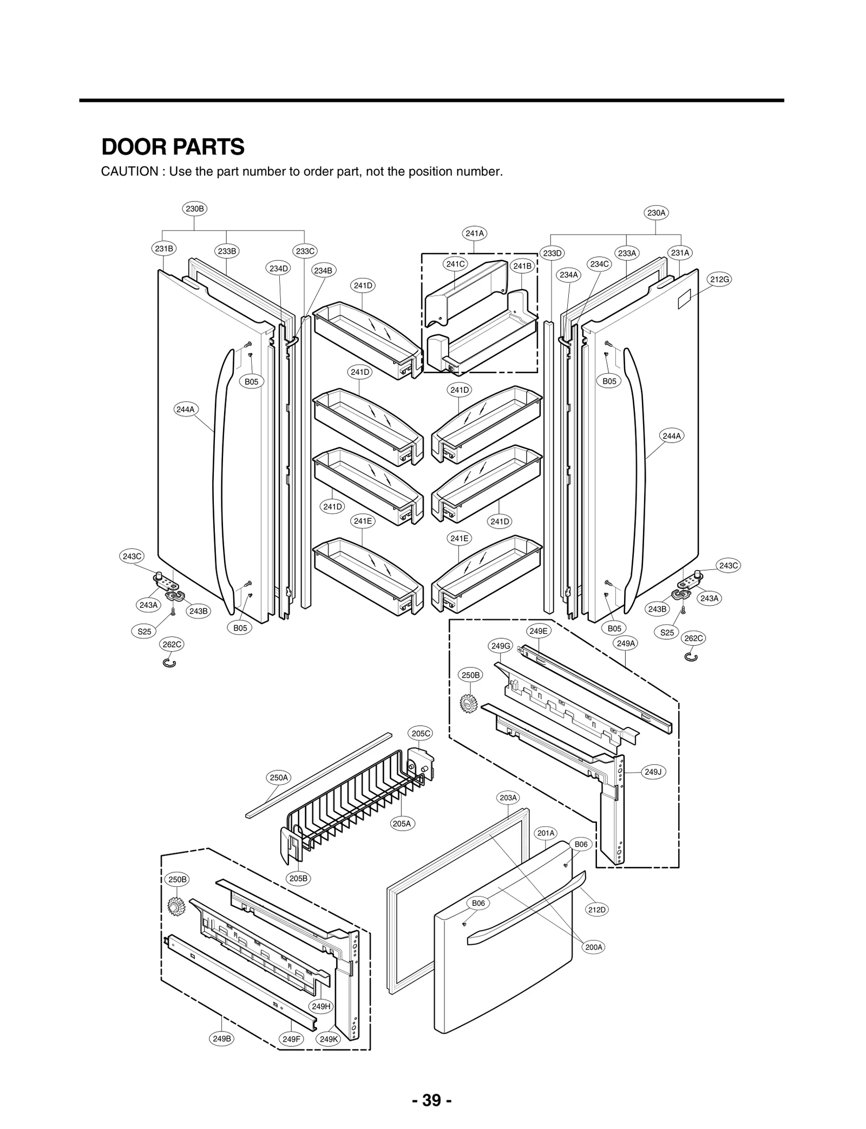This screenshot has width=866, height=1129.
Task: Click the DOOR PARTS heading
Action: [x=173, y=147]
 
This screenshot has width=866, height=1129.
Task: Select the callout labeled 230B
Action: [x=195, y=209]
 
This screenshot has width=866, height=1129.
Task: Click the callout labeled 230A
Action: [x=656, y=213]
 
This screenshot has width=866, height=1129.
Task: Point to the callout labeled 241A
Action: [x=475, y=233]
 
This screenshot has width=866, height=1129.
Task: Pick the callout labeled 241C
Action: [x=455, y=264]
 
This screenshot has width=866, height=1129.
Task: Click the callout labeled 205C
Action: [x=421, y=734]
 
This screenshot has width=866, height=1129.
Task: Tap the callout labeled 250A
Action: [x=279, y=777]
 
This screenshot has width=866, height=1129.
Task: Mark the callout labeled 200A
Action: [x=594, y=947]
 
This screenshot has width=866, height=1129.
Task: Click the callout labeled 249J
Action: [x=653, y=772]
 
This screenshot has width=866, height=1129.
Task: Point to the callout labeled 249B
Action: [x=222, y=1039]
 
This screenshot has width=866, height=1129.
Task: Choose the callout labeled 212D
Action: [x=596, y=910]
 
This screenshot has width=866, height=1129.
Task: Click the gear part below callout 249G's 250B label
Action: [x=468, y=703]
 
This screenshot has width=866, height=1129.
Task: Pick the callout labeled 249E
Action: [x=538, y=631]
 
